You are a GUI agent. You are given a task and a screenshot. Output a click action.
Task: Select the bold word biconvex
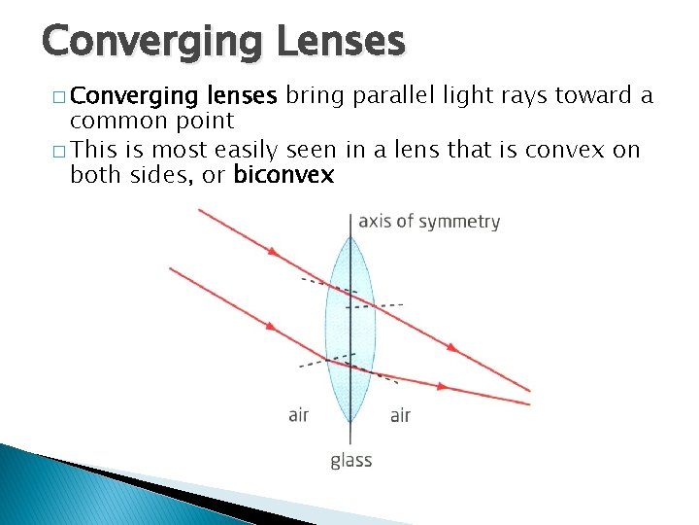[x=283, y=175]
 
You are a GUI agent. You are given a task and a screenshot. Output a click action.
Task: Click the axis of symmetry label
[x=429, y=221]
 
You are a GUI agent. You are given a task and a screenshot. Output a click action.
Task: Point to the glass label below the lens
[x=350, y=460]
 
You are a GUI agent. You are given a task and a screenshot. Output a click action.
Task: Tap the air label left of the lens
[x=299, y=415]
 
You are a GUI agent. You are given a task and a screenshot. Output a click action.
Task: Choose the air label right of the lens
[x=400, y=415]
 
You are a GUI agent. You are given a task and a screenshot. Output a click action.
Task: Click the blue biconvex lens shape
[x=349, y=321]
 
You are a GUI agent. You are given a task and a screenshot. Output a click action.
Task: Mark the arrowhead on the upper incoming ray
[x=274, y=252]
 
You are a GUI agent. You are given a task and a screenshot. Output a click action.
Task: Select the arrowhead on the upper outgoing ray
[x=451, y=346]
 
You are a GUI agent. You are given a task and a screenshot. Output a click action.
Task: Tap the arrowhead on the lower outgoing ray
[x=442, y=386]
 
